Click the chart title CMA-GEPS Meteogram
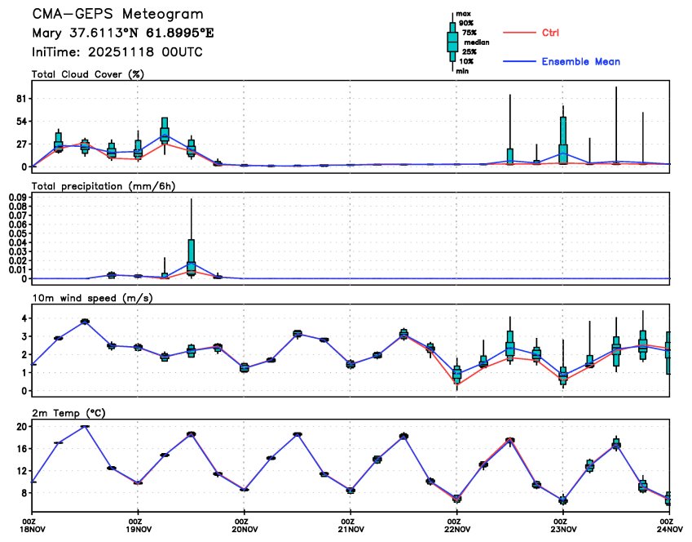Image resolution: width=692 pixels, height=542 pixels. [x=117, y=15]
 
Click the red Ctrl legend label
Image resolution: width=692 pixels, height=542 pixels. [x=550, y=33]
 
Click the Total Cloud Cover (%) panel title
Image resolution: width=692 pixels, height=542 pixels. [x=88, y=74]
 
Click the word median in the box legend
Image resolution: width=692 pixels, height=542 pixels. [x=476, y=42]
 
